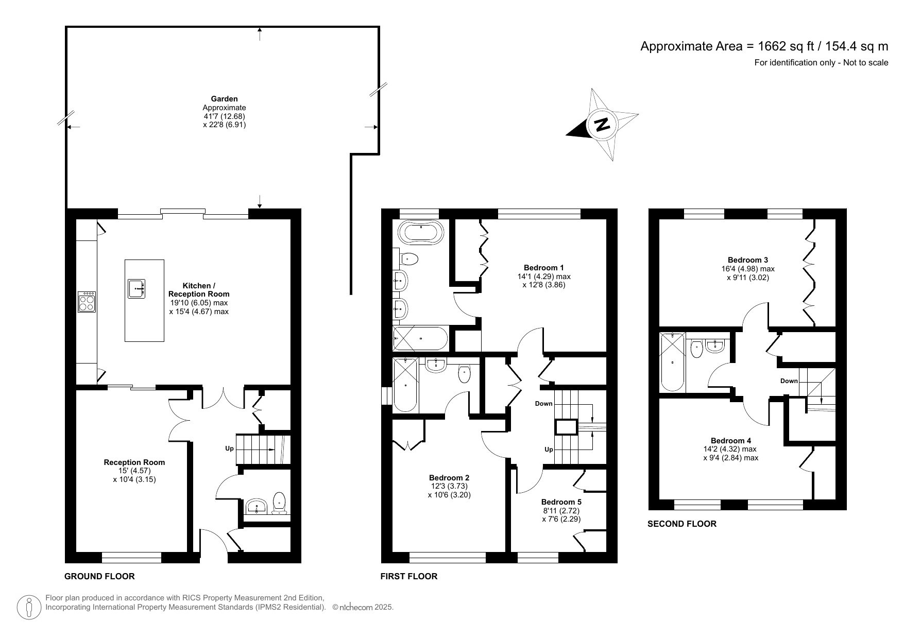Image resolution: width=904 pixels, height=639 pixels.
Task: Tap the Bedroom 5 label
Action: tap(561, 502)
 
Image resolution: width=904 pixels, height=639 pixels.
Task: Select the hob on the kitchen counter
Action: tap(87, 302)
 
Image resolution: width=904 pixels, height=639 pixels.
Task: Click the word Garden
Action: tap(224, 99)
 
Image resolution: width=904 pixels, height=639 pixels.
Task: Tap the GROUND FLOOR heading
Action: tap(99, 576)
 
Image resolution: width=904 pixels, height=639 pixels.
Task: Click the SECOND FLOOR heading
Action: tap(681, 524)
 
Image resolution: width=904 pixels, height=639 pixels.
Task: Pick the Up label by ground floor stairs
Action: tap(229, 448)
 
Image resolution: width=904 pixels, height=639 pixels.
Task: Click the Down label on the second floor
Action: tap(789, 381)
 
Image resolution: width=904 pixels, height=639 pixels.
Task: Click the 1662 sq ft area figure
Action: tap(786, 46)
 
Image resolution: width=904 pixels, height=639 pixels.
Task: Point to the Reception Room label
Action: tap(134, 462)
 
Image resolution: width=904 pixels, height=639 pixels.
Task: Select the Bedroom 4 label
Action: tap(730, 440)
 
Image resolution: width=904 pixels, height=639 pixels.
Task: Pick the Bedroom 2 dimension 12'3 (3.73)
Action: tap(449, 486)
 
